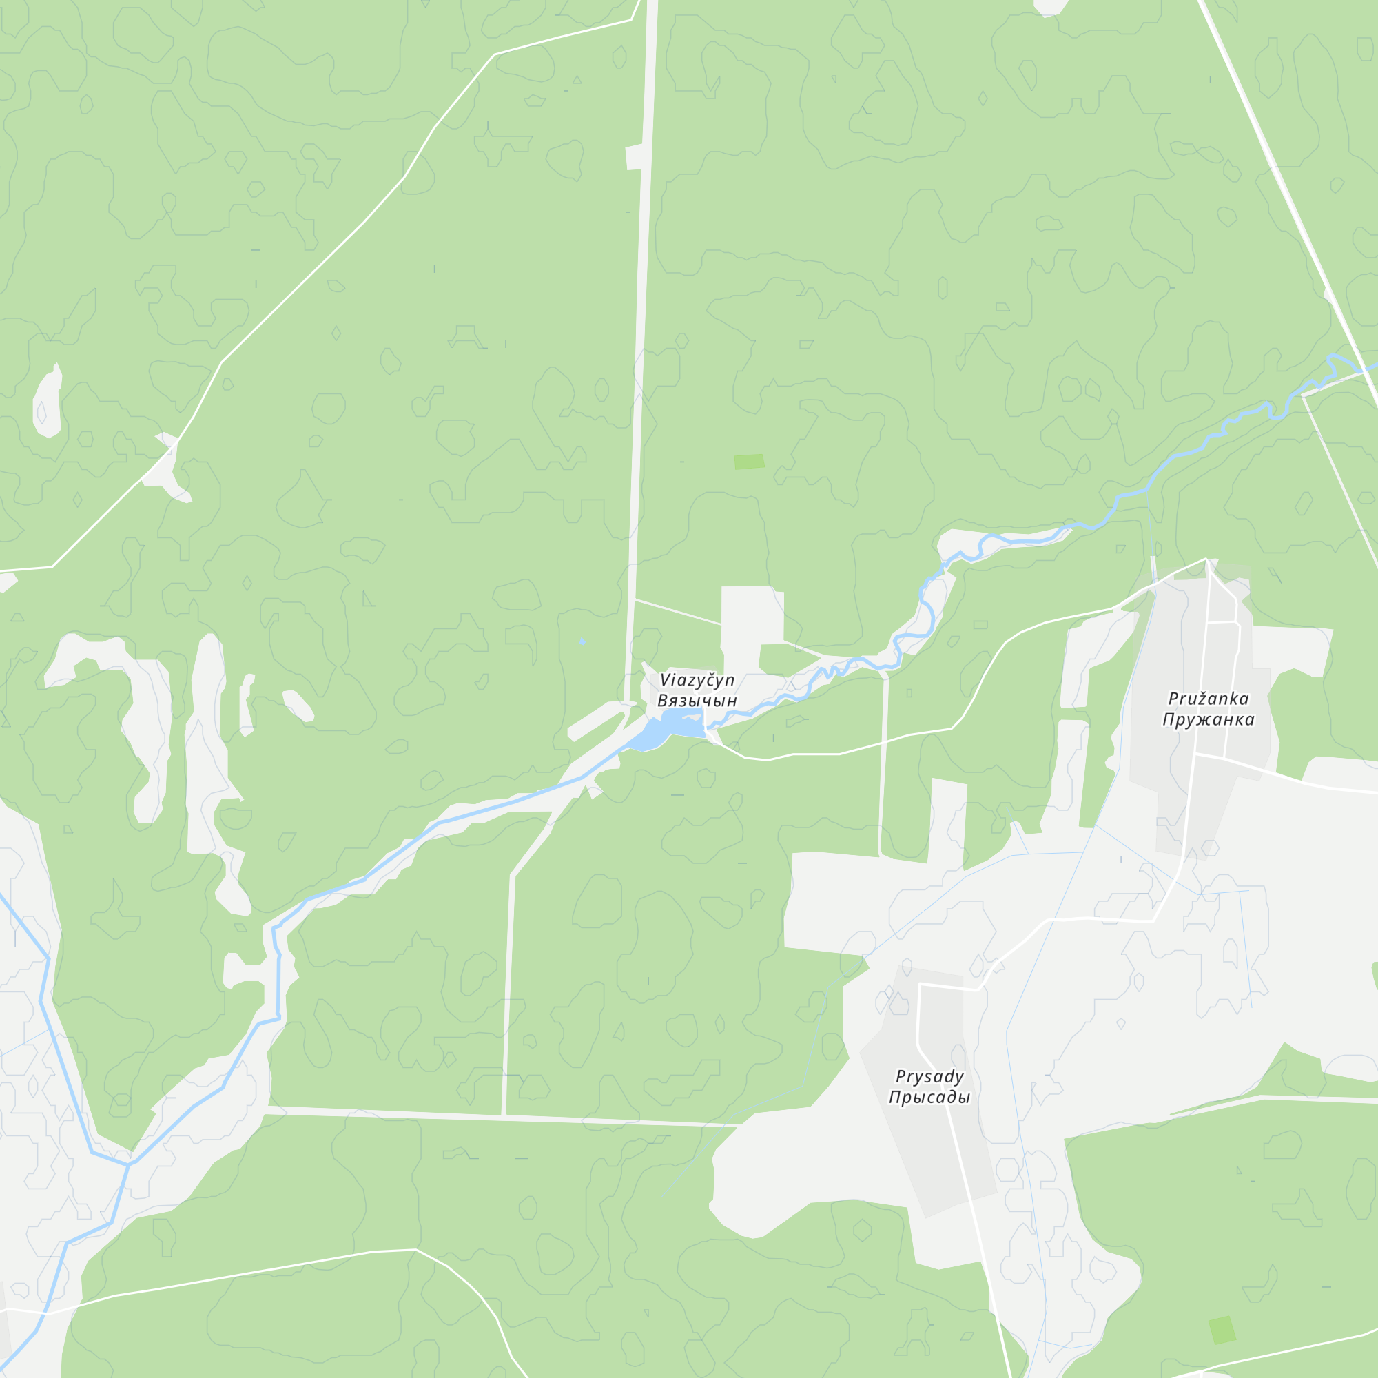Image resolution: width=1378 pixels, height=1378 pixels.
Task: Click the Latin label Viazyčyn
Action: click(x=697, y=680)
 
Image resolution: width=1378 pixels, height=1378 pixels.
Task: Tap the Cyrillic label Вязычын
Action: click(x=697, y=701)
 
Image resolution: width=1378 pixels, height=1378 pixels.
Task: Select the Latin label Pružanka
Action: click(x=1209, y=699)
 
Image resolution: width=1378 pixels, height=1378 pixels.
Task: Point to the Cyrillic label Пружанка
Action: click(x=1209, y=720)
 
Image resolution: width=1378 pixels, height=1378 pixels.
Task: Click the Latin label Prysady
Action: click(x=929, y=1076)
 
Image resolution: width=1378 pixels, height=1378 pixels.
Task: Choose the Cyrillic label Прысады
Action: click(x=929, y=1097)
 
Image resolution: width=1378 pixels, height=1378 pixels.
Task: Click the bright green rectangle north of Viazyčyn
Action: click(x=749, y=462)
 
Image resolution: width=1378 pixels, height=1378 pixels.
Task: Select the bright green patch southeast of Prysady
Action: click(x=1222, y=1330)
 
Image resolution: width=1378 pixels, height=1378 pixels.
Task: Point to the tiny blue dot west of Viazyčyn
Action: click(x=583, y=642)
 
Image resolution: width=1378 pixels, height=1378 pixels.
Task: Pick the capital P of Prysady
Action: click(x=900, y=1076)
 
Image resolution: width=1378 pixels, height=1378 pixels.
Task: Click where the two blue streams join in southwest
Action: click(x=129, y=1164)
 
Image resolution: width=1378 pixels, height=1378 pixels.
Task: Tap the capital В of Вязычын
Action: click(x=662, y=701)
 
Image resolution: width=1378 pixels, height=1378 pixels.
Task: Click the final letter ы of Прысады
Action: click(x=965, y=1097)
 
